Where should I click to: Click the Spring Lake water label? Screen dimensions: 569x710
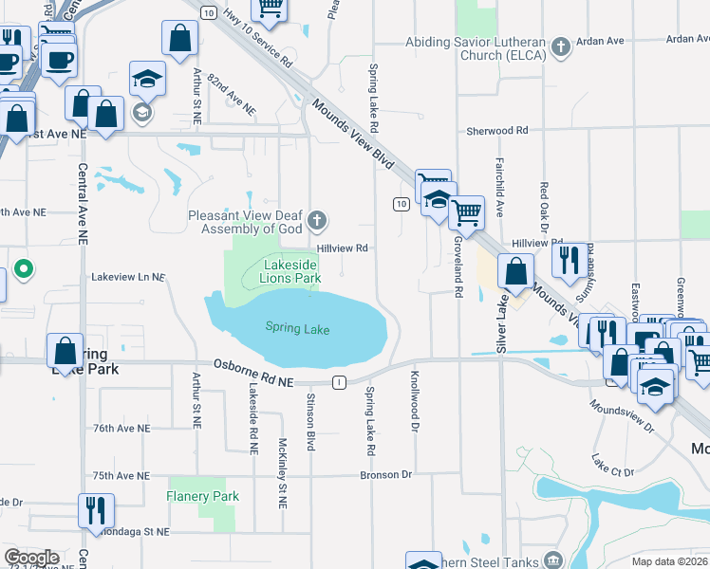pos(297,329)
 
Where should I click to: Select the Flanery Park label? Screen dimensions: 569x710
pos(203,496)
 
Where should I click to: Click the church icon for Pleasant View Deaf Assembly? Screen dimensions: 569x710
pos(317,222)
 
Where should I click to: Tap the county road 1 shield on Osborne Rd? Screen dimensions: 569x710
pos(339,381)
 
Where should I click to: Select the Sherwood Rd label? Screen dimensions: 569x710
pos(496,130)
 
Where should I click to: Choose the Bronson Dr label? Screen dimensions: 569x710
pos(386,474)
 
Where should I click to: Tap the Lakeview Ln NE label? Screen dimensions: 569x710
pos(128,278)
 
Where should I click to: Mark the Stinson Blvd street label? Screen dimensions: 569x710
pos(310,422)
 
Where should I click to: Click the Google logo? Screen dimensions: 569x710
pos(31,558)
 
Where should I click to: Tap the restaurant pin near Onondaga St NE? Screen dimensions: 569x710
pos(95,510)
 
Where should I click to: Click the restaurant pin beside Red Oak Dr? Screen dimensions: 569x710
pos(570,258)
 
